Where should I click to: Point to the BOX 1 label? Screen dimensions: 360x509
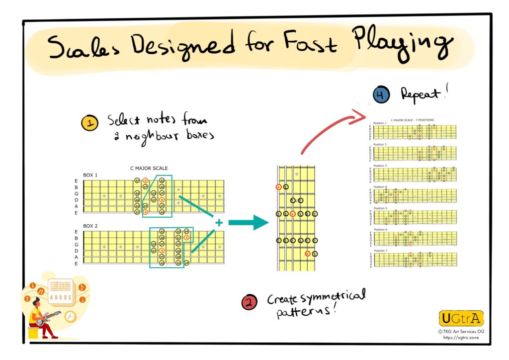(90, 175)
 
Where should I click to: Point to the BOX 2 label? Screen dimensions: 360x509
(90, 226)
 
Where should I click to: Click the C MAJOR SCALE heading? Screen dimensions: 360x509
(149, 169)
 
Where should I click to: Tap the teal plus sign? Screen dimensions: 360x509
(218, 223)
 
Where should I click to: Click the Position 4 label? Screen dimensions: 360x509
(380, 187)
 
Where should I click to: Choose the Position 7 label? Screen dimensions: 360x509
(380, 251)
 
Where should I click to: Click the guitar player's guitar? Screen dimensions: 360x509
(50, 317)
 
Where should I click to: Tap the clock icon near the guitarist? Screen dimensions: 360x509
(70, 316)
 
